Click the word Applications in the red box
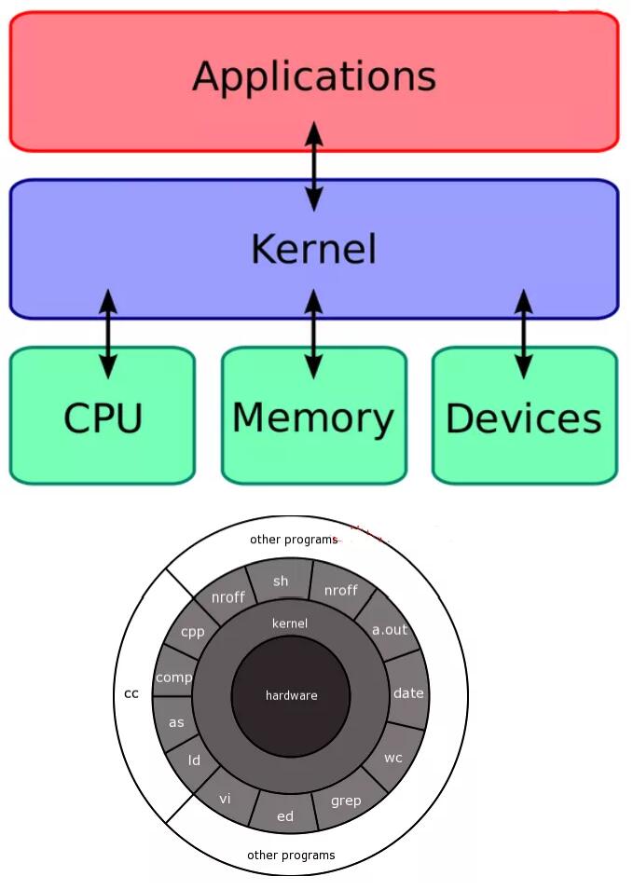click(x=314, y=76)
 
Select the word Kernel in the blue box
click(x=314, y=249)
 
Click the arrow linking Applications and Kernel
click(x=314, y=165)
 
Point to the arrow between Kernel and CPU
click(x=108, y=333)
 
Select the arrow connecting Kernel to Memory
click(x=313, y=333)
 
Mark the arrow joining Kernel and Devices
click(x=524, y=333)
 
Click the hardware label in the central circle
click(x=291, y=695)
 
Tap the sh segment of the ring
click(x=281, y=582)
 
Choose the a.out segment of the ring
click(x=390, y=629)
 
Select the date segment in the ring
click(x=408, y=692)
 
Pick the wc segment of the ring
click(x=393, y=757)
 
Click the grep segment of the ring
click(x=346, y=801)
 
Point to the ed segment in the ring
click(x=285, y=815)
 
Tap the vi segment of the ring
click(x=225, y=799)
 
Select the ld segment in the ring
click(x=195, y=760)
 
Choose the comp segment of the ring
click(x=173, y=678)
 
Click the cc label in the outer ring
click(x=131, y=693)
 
